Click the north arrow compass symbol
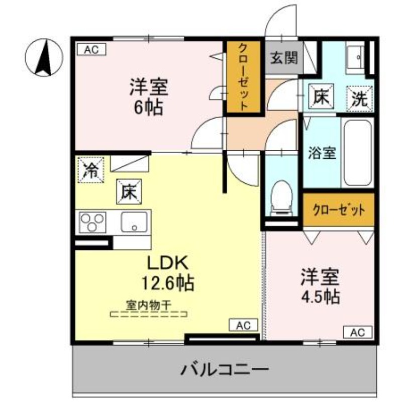44,56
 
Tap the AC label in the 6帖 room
91,49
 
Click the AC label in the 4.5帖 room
357,332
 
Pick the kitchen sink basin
134,222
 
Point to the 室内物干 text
148,305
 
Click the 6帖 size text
148,107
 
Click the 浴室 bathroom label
322,153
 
